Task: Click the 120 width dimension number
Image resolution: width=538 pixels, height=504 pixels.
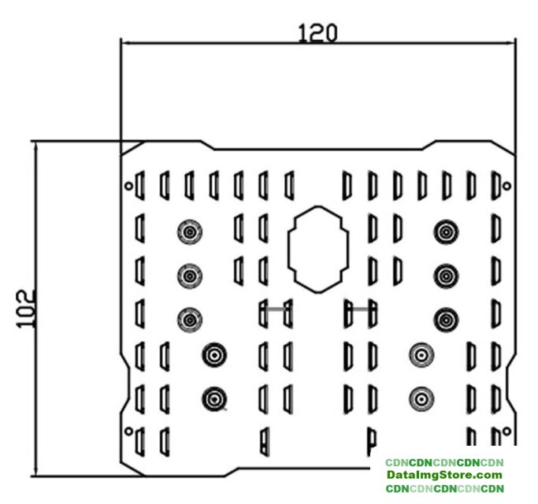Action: (x=318, y=32)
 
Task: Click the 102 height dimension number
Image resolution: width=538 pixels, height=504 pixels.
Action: (x=25, y=309)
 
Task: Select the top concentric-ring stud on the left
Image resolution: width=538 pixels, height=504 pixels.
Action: (x=190, y=232)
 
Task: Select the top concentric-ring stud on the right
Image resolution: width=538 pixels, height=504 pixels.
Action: (x=446, y=232)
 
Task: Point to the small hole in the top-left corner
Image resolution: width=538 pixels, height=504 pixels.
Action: (x=129, y=187)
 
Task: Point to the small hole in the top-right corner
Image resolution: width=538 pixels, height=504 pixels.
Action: (x=507, y=187)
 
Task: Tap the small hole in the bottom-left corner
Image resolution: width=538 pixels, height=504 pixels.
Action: (x=128, y=430)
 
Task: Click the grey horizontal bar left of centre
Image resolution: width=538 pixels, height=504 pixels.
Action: (x=276, y=309)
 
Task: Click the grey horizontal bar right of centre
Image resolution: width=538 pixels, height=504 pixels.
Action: (x=358, y=309)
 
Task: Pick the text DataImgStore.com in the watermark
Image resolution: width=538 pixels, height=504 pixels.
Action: (x=444, y=476)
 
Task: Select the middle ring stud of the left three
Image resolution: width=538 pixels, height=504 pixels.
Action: (x=190, y=275)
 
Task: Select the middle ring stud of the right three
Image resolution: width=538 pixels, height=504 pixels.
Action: (x=446, y=275)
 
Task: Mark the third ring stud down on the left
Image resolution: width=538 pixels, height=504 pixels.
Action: (x=190, y=319)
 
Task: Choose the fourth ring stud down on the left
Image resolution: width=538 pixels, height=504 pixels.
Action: (x=213, y=354)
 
